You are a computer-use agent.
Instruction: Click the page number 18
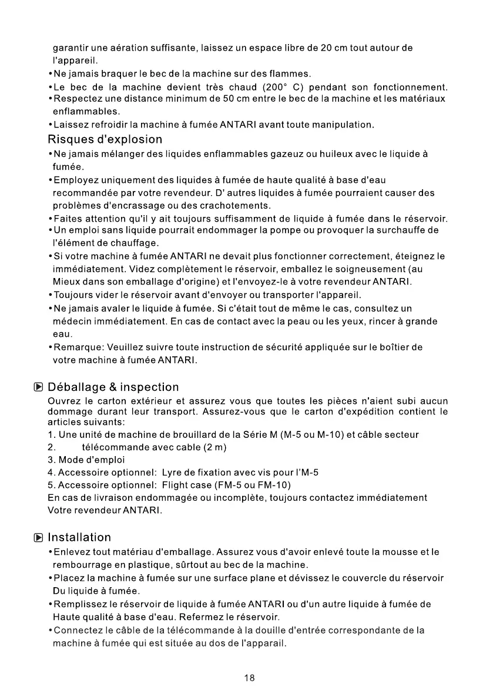[249, 678]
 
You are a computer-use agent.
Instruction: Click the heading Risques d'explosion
[105, 140]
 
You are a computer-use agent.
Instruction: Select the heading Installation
[79, 537]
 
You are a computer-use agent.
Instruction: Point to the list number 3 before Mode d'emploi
[51, 460]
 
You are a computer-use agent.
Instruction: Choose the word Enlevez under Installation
[73, 552]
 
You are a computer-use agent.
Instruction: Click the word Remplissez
[80, 604]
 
